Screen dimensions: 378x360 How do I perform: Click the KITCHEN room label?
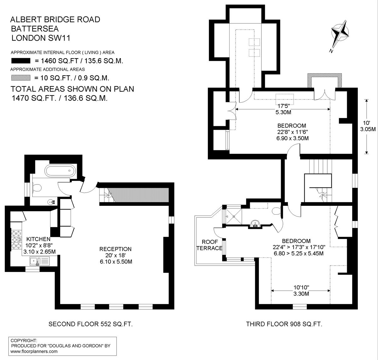pyautogui.click(x=38, y=239)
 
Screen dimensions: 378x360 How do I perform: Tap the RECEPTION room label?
pyautogui.click(x=115, y=249)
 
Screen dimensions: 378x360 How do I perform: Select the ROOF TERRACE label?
pyautogui.click(x=209, y=245)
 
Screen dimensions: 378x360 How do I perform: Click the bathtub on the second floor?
pyautogui.click(x=60, y=170)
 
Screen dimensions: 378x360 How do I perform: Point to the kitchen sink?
pyautogui.click(x=40, y=261)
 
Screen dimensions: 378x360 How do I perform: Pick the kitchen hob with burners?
pyautogui.click(x=16, y=239)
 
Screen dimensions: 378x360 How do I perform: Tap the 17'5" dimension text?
pyautogui.click(x=283, y=106)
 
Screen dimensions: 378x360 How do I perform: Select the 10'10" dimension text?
pyautogui.click(x=301, y=288)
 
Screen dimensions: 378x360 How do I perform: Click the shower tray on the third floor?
pyautogui.click(x=234, y=216)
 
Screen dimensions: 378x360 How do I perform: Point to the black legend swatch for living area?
pyautogui.click(x=21, y=61)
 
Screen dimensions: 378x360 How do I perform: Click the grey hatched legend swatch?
pyautogui.click(x=21, y=78)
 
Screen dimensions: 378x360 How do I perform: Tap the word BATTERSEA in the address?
pyautogui.click(x=35, y=29)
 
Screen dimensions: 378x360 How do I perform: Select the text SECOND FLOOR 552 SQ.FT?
pyautogui.click(x=90, y=324)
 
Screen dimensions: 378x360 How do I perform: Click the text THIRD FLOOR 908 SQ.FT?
pyautogui.click(x=284, y=324)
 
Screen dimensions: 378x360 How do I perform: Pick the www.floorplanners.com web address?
pyautogui.click(x=34, y=352)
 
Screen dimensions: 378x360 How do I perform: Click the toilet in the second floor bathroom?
pyautogui.click(x=37, y=188)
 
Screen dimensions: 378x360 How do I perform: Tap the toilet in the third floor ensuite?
pyautogui.click(x=277, y=211)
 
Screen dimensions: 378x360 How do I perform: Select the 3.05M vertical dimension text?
pyautogui.click(x=368, y=129)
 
